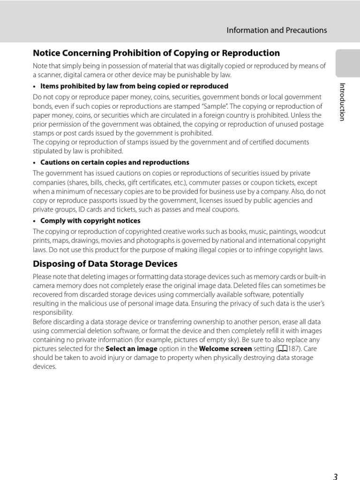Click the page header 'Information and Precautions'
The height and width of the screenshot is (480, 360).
pos(277,30)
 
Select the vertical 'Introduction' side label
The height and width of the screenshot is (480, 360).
pos(342,102)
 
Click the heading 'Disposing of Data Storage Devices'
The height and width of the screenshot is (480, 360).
pos(105,264)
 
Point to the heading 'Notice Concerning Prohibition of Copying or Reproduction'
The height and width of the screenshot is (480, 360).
pos(156,53)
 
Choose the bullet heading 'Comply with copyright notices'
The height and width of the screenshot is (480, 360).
pos(90,221)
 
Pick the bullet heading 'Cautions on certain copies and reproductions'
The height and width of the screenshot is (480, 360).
pos(115,162)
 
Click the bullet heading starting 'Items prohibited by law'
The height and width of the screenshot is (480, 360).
pos(134,86)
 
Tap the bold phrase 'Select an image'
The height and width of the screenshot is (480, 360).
pos(132,349)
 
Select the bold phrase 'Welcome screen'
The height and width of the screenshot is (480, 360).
pos(225,349)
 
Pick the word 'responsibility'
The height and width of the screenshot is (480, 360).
pos(52,313)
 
